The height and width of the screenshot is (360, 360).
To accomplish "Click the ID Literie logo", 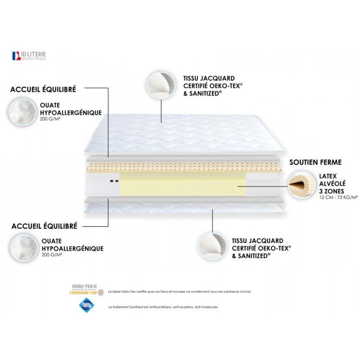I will [29, 56].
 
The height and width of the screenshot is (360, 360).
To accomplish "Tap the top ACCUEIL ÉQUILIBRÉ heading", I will [43, 89].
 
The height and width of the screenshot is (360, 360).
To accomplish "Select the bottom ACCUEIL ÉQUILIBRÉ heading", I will [44, 226].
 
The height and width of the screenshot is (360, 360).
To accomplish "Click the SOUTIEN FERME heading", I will [315, 162].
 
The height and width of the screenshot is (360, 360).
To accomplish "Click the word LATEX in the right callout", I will [328, 176].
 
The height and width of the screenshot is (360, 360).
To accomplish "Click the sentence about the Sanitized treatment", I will [163, 307].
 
